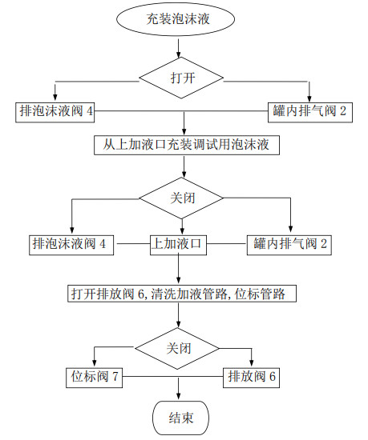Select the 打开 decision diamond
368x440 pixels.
click(184, 78)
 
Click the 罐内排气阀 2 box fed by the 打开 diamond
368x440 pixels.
click(310, 110)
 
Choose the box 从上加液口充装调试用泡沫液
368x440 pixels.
click(185, 146)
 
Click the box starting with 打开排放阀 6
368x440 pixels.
click(184, 294)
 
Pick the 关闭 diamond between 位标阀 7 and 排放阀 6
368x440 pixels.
click(176, 348)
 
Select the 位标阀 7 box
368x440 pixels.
click(96, 377)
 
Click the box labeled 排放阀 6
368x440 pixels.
click(253, 377)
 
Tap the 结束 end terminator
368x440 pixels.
click(180, 417)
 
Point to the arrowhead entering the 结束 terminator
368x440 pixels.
click(180, 398)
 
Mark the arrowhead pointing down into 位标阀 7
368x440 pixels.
click(96, 365)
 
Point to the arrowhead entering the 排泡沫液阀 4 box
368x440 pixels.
click(71, 232)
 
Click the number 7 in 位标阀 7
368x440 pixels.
click(118, 377)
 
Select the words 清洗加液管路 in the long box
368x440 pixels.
click(188, 294)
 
